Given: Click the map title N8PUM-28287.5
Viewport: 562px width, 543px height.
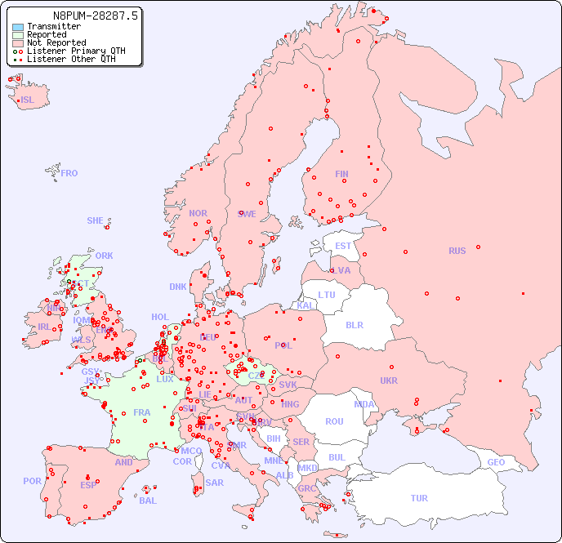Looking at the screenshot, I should tap(96, 15).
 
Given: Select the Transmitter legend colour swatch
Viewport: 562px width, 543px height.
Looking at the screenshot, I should tap(17, 26).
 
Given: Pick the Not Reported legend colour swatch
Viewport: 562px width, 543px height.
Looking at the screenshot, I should tap(17, 42).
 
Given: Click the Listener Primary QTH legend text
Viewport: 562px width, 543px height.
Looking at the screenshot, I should tap(76, 51).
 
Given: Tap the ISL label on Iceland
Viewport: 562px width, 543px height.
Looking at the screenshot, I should tap(28, 100).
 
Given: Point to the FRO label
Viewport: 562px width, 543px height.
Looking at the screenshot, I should tap(69, 173).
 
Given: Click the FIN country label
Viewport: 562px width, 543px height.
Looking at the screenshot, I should tap(341, 174).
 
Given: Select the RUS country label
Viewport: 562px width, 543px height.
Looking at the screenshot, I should tap(457, 251).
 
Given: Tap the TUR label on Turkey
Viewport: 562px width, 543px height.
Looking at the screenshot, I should tap(419, 498).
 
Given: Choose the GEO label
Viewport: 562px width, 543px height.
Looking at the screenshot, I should tap(496, 462).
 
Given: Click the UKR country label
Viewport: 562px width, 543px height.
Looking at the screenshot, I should tap(389, 381).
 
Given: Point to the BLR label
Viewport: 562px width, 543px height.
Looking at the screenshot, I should tap(354, 324).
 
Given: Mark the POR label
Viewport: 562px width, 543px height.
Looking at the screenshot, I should tap(32, 481).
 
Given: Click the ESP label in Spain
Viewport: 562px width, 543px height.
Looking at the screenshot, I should tap(88, 485).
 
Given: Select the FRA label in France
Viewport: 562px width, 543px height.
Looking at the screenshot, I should tap(142, 412).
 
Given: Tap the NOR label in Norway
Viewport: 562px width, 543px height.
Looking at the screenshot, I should tap(198, 213).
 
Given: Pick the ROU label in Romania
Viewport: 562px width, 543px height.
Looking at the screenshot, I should tap(334, 421).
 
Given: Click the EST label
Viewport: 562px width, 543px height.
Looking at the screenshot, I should tap(343, 246).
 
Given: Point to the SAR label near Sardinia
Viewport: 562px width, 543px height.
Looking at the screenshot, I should tap(214, 483).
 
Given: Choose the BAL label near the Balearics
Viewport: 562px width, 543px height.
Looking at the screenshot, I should tap(147, 501).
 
